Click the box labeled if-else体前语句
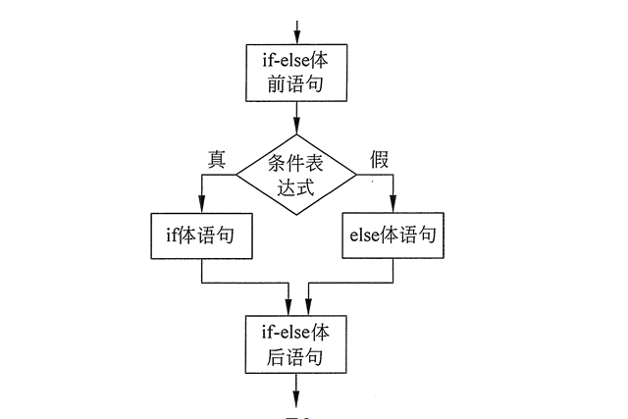tap(295, 74)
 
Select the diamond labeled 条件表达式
tap(297, 175)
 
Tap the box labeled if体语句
tap(200, 236)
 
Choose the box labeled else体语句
tap(392, 236)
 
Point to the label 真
tap(217, 158)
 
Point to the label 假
tap(379, 158)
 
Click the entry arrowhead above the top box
tap(295, 38)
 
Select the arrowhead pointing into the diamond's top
tap(295, 129)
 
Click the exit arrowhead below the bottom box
tap(295, 397)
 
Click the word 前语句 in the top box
tap(295, 86)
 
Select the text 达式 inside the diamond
tap(297, 187)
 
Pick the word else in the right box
tap(367, 236)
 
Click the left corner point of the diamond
tap(237, 175)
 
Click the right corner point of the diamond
tap(357, 175)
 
